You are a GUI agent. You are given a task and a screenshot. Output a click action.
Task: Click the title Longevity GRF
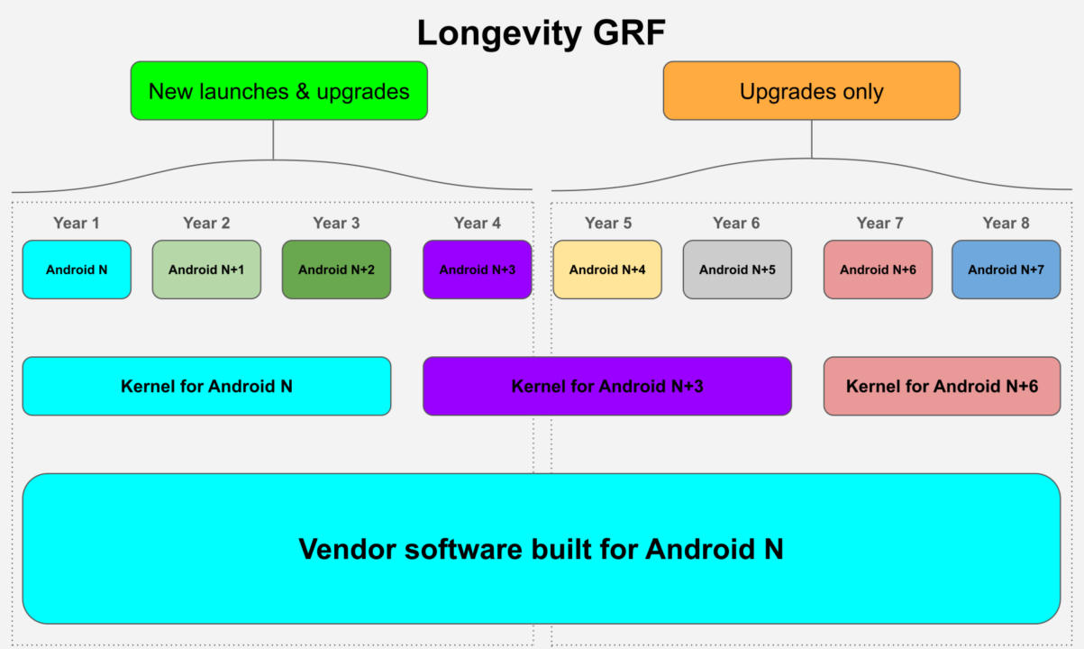541,33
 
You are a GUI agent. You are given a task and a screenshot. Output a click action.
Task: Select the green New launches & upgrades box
278,90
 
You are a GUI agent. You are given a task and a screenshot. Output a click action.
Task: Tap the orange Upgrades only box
812,90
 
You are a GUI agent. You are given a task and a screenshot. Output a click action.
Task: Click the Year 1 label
77,224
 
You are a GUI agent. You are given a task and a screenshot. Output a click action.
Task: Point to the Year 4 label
478,224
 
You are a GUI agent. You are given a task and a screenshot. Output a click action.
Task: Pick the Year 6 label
736,224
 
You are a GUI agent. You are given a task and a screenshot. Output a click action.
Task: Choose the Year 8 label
1006,224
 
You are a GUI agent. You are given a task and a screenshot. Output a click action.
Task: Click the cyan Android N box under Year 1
77,270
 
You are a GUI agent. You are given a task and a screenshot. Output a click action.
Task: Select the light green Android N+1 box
206,270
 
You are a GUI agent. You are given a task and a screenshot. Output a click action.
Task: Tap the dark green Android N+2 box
336,270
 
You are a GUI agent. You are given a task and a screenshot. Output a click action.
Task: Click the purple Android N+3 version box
478,270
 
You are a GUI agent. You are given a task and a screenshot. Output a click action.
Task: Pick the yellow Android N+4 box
607,270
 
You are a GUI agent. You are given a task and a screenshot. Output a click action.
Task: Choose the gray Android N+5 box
737,270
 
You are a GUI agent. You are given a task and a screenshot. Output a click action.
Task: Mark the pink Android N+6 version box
878,270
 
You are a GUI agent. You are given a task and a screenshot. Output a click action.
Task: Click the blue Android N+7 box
1007,270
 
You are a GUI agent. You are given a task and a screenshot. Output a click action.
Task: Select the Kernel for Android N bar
206,386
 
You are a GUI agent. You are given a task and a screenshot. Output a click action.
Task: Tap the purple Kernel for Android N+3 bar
607,386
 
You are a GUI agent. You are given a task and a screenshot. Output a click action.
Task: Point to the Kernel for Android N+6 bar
943,386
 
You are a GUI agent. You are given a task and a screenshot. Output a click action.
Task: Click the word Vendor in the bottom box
348,549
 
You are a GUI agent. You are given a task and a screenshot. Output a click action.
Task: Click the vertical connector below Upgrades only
812,139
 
